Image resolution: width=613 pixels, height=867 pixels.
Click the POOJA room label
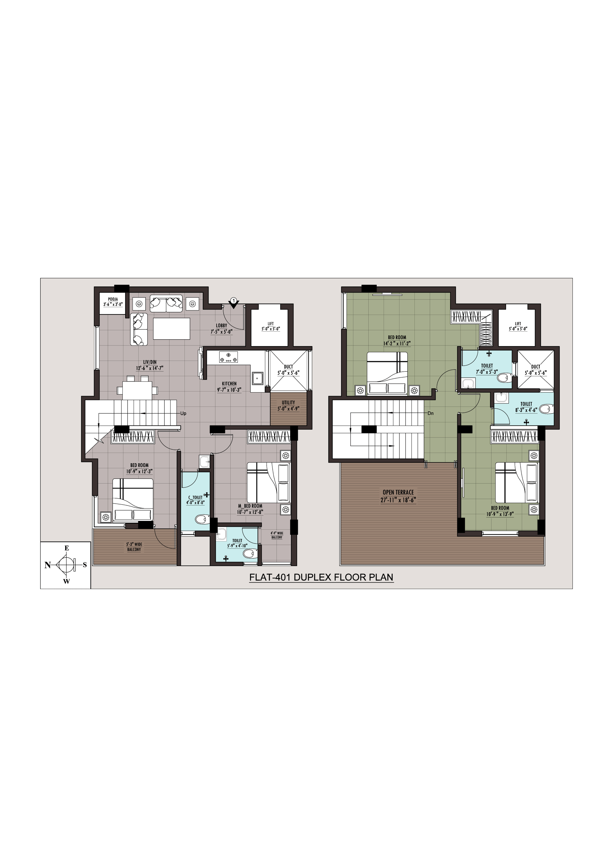[113, 299]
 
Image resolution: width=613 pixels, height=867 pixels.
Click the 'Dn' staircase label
[431, 413]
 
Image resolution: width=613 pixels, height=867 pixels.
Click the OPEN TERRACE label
[398, 492]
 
